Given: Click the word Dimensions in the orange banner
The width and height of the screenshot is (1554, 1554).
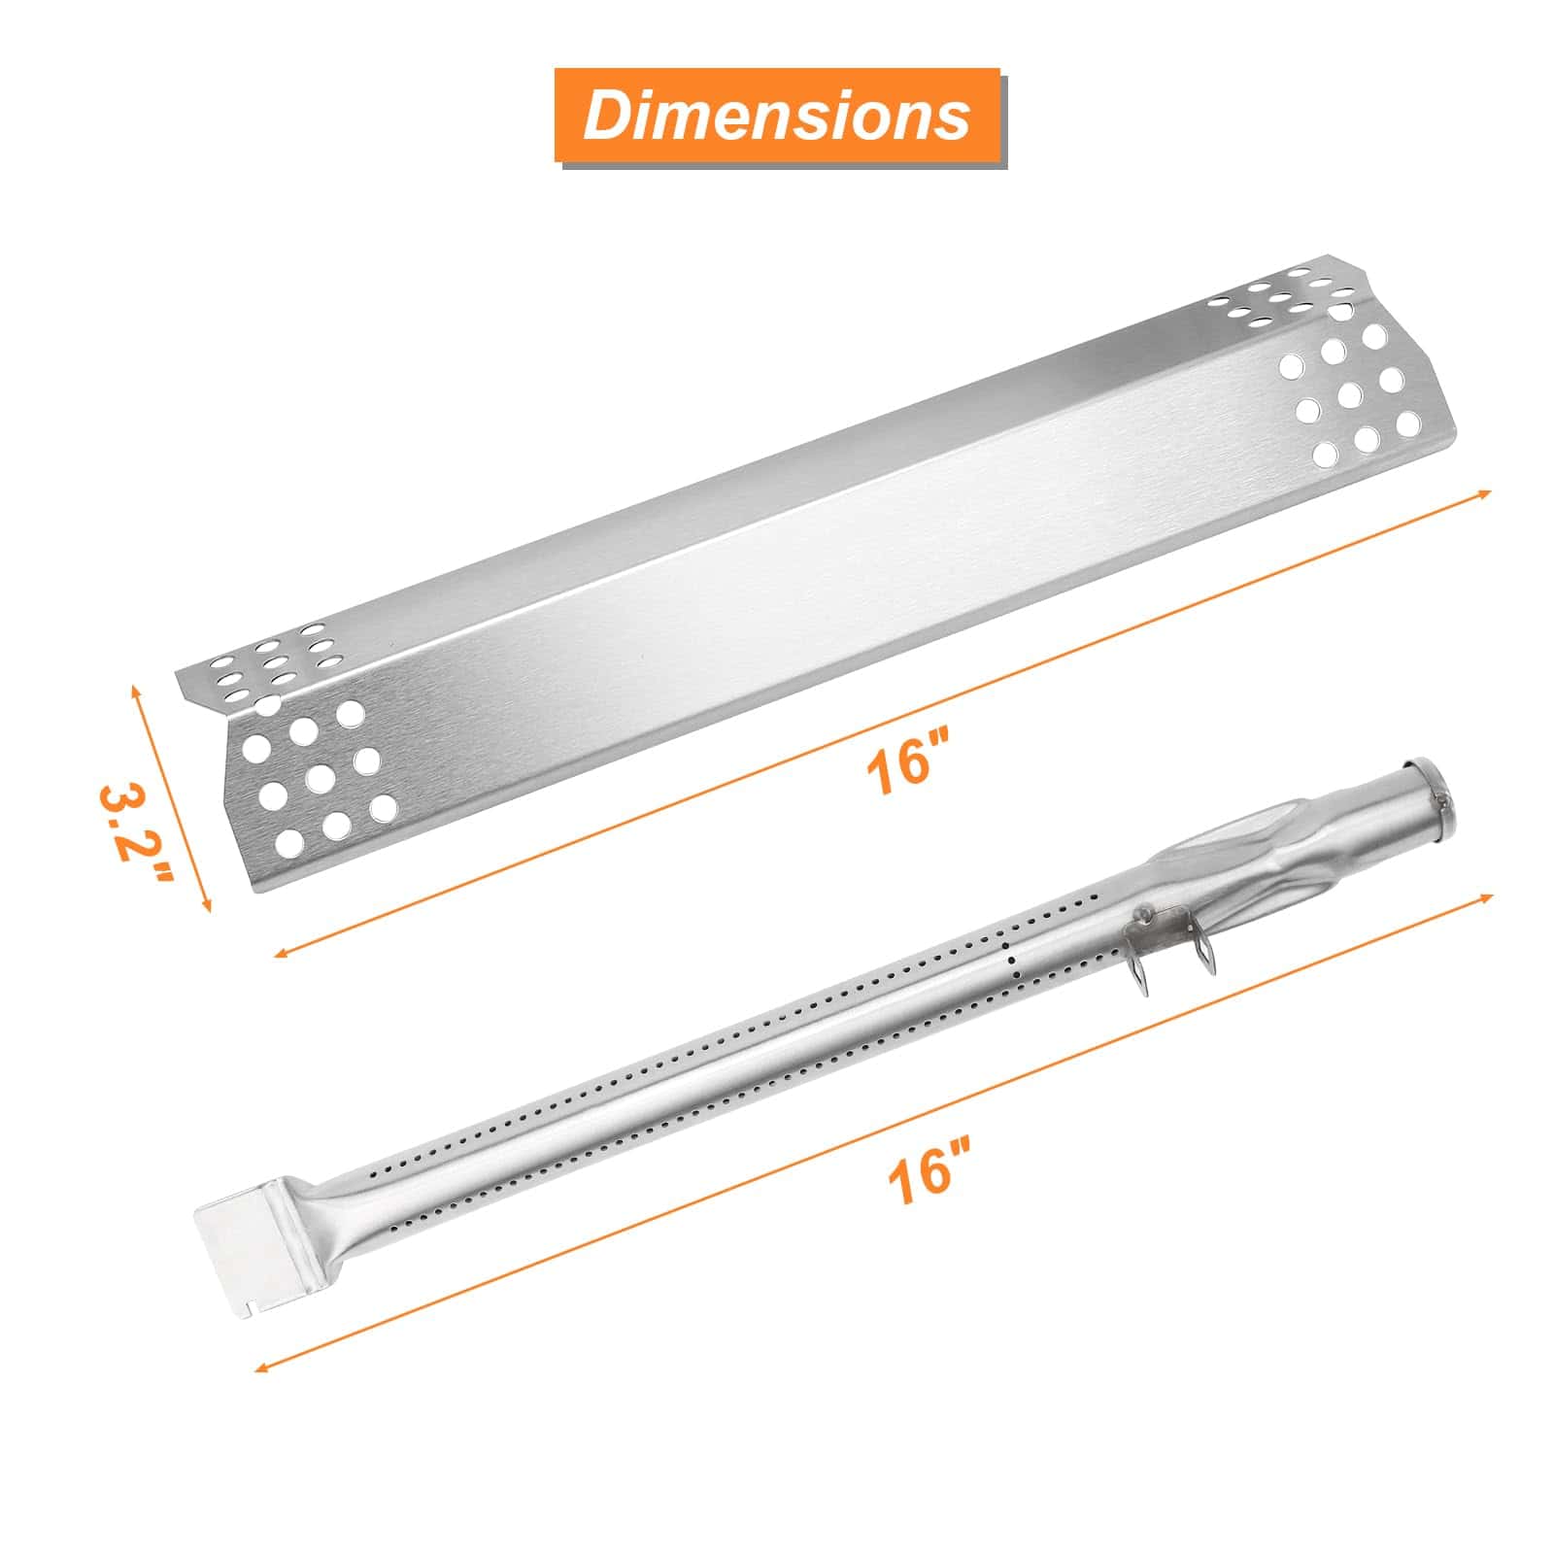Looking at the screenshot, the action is (x=777, y=116).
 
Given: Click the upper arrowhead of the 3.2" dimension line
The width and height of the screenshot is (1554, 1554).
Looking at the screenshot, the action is (x=135, y=688).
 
